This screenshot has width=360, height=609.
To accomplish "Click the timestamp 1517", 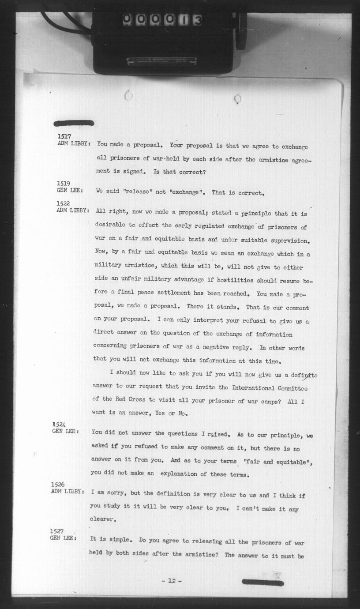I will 64,137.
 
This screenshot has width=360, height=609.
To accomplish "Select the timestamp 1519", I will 64,184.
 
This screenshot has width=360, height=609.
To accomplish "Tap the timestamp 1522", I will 64,203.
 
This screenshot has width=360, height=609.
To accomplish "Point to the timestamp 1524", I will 59,425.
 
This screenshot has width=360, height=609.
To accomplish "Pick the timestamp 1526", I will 57,485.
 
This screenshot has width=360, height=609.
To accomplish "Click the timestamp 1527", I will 56,531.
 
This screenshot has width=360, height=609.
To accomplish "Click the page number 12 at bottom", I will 172,581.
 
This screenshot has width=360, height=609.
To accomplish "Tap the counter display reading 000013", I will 162,19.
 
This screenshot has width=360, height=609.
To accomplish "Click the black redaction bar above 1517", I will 74,123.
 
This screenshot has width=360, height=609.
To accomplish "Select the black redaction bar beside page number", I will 262,583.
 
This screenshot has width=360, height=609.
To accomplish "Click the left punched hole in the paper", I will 129,95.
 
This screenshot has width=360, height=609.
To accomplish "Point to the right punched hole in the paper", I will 237,98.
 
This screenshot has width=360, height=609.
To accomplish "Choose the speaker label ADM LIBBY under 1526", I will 67,492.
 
